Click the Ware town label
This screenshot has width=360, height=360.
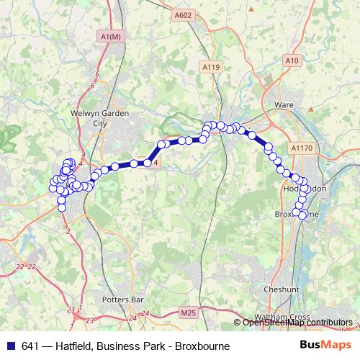tap(283, 104)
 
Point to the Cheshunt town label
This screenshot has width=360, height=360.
tap(276, 289)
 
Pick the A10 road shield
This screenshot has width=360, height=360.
tap(291, 61)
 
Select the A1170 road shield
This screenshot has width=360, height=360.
tap(302, 148)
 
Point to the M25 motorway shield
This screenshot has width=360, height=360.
tap(188, 312)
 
